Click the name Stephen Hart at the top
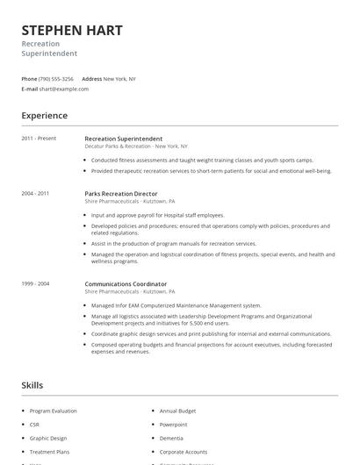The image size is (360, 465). point(72,31)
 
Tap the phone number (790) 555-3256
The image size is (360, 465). point(56,79)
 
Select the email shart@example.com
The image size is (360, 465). point(65,89)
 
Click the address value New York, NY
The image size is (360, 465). point(119,79)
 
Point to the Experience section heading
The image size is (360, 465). point(45,116)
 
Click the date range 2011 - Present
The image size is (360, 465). point(40,139)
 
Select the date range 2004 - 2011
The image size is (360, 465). point(36,193)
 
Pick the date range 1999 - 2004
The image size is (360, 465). point(36,284)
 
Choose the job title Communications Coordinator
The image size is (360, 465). point(126,284)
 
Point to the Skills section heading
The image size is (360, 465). point(32,385)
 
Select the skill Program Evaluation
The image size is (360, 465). point(53,411)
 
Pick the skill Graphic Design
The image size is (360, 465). point(48,438)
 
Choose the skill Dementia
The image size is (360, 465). point(171,438)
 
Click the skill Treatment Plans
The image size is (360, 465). point(51,451)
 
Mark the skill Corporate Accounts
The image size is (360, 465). point(184,451)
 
